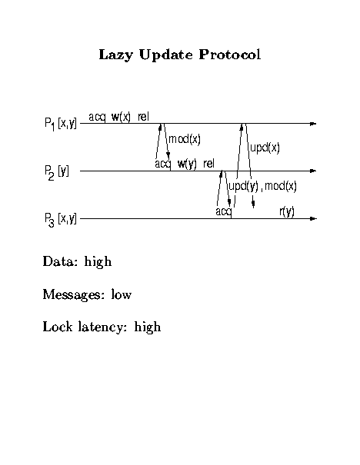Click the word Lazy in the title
tap(115, 55)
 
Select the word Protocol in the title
tap(230, 55)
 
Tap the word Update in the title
tap(165, 55)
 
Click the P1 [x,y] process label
tap(61, 124)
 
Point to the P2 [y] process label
tap(57, 172)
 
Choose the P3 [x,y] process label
tap(61, 220)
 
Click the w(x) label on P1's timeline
tap(121, 117)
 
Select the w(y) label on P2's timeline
tap(187, 164)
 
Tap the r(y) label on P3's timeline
tap(287, 211)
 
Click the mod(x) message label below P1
tap(185, 139)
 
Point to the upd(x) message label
tap(265, 148)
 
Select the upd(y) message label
tap(243, 187)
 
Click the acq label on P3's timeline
tap(224, 212)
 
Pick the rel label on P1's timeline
tap(143, 117)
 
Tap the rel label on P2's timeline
tap(209, 164)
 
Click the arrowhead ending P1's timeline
tap(313, 124)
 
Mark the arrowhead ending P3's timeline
tap(313, 219)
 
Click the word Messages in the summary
tap(74, 295)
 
